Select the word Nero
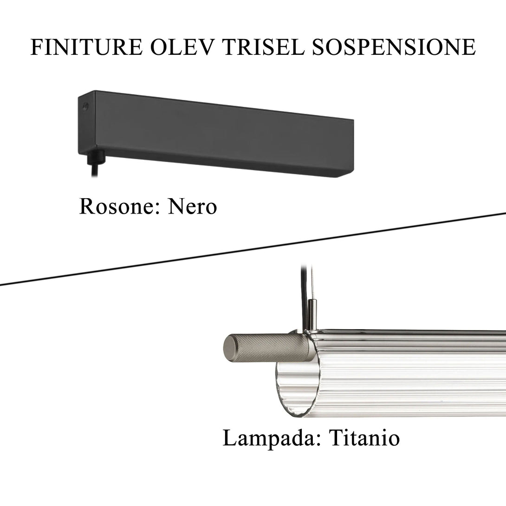point(192,206)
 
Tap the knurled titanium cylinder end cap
point(269,347)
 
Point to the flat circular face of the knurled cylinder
point(230,346)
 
